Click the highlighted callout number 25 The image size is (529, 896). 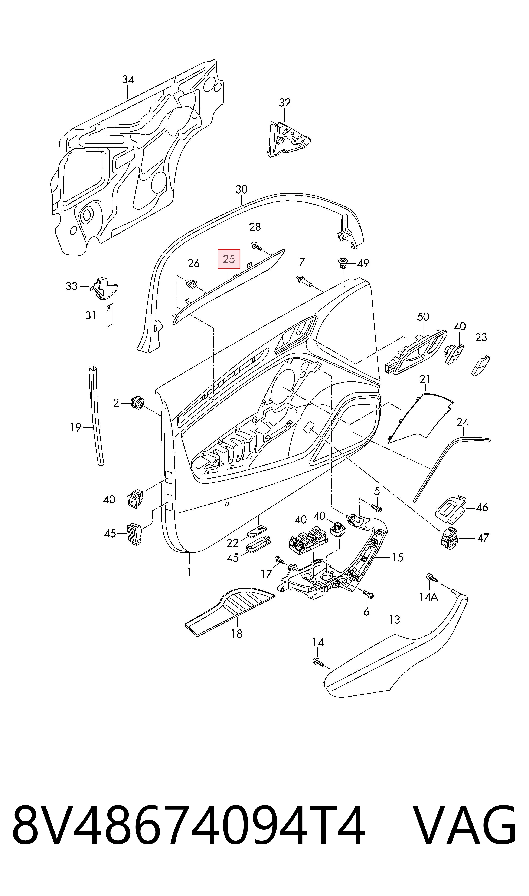coord(229,259)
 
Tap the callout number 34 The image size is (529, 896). coord(128,79)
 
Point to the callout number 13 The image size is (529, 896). coord(395,620)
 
